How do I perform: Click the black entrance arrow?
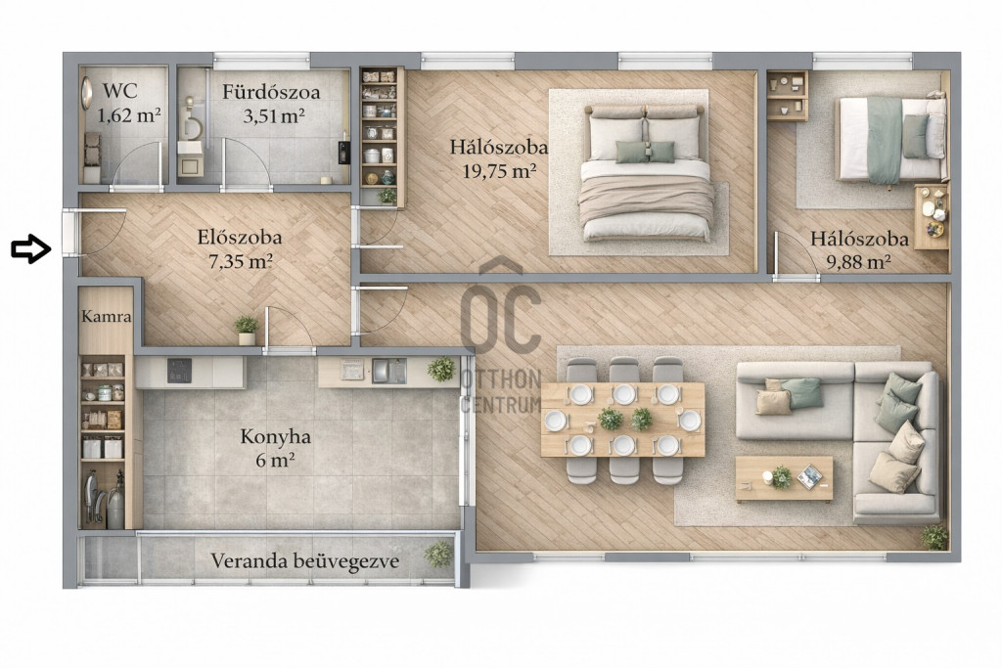pyautogui.click(x=30, y=248)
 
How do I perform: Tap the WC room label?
pyautogui.click(x=119, y=91)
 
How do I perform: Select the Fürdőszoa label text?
pyautogui.click(x=271, y=92)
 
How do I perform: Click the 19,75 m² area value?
pyautogui.click(x=498, y=171)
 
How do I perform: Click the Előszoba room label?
pyautogui.click(x=240, y=238)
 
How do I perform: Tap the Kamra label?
pyautogui.click(x=107, y=317)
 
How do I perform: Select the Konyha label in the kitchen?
pyautogui.click(x=275, y=437)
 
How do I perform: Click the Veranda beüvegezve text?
pyautogui.click(x=305, y=561)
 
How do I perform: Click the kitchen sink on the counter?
pyautogui.click(x=388, y=371)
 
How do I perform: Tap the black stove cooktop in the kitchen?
pyautogui.click(x=180, y=371)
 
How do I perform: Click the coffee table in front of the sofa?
pyautogui.click(x=784, y=477)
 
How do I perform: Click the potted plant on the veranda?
pyautogui.click(x=438, y=554)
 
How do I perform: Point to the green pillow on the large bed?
pyautogui.click(x=645, y=152)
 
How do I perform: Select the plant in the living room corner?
pyautogui.click(x=934, y=538)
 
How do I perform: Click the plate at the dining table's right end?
pyautogui.click(x=690, y=421)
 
